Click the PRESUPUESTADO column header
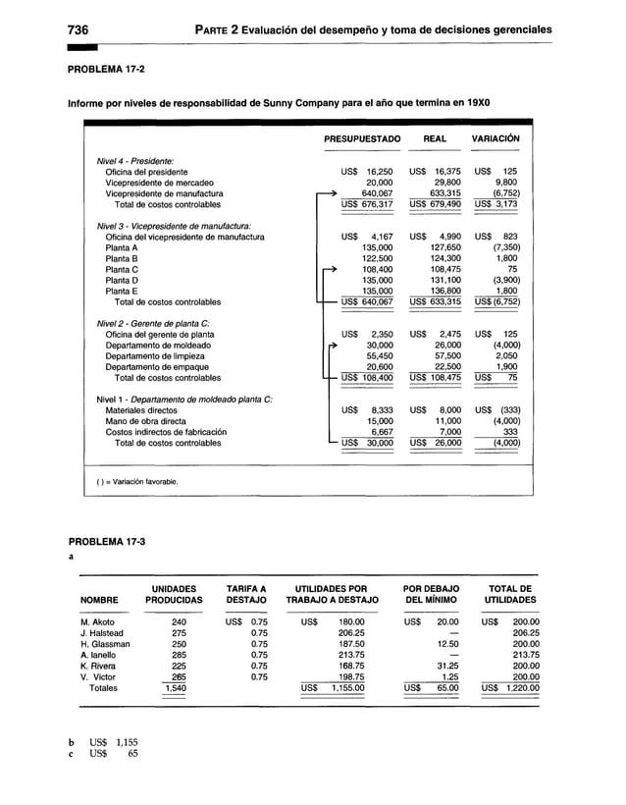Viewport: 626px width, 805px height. [363, 140]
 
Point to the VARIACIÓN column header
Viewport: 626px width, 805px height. [496, 140]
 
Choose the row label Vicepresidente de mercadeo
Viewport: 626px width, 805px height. [163, 183]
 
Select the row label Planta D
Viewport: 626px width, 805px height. [122, 280]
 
